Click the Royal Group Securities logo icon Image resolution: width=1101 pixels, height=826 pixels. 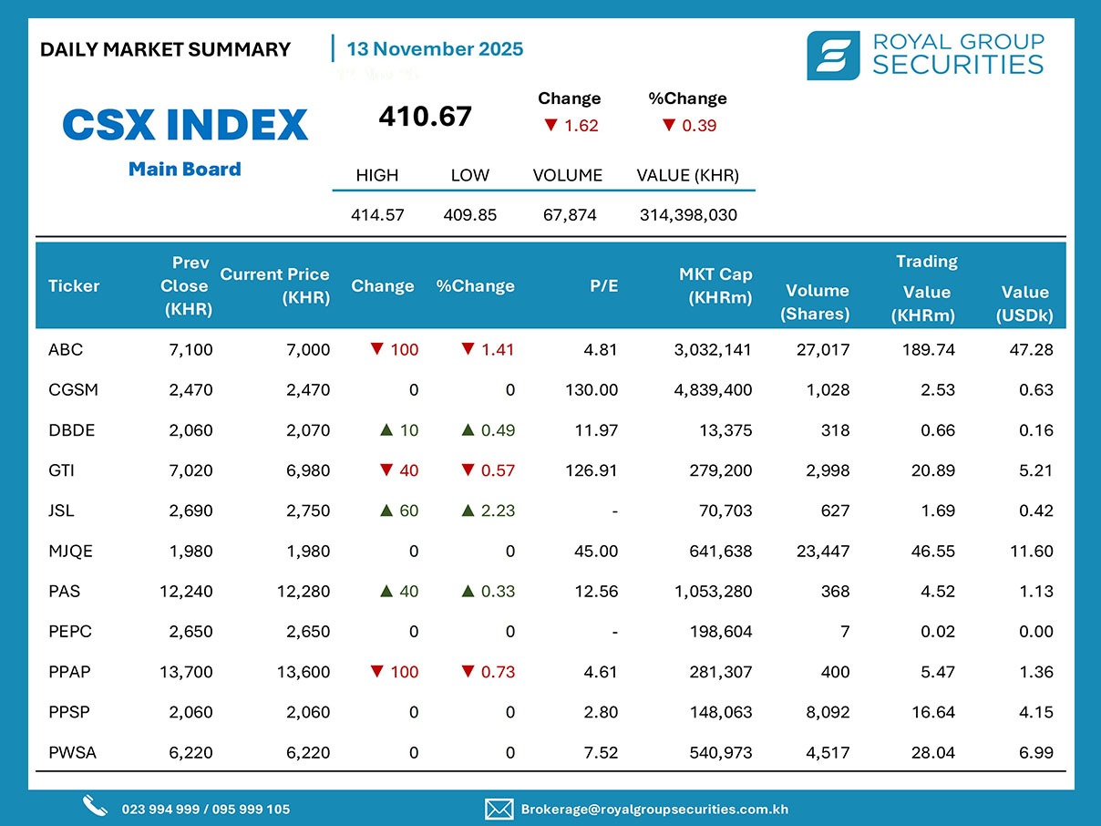coord(832,55)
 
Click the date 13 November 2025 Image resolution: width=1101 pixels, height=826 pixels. coord(435,49)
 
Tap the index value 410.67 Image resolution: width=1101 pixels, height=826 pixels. coord(425,117)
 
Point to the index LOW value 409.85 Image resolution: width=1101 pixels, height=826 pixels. coord(469,215)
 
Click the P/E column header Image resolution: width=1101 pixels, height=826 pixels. coord(603,286)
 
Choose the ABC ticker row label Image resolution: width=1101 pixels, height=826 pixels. coord(66,349)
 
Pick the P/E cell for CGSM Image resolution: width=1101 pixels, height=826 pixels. coord(592,390)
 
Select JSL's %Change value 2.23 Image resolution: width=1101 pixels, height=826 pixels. coord(498,511)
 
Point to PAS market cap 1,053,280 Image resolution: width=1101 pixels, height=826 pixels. coord(714,592)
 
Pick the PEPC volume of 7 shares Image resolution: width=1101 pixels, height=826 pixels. coord(845,632)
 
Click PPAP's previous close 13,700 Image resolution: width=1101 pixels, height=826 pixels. coord(186,672)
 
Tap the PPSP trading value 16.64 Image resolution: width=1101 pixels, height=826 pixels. coord(934,712)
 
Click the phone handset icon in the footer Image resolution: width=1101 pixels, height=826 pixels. coord(95,806)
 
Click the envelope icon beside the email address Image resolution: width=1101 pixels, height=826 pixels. coord(498,809)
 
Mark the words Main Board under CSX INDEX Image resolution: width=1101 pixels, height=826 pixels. coord(185,169)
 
